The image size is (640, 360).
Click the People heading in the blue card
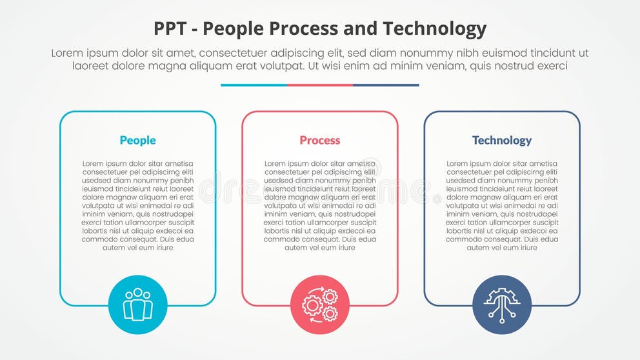pyautogui.click(x=137, y=140)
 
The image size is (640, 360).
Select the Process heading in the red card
pyautogui.click(x=319, y=140)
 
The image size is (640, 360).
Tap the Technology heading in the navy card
pyautogui.click(x=501, y=140)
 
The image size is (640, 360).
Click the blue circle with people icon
pyautogui.click(x=138, y=305)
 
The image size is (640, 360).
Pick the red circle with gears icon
pyautogui.click(x=320, y=305)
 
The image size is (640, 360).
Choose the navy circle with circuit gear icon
pyautogui.click(x=502, y=305)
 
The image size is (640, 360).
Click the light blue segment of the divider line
pyautogui.click(x=254, y=85)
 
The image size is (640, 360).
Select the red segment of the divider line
pyautogui.click(x=320, y=85)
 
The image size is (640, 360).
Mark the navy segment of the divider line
pyautogui.click(x=386, y=85)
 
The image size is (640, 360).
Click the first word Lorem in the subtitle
pyautogui.click(x=68, y=54)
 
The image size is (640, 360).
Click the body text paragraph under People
pyautogui.click(x=137, y=206)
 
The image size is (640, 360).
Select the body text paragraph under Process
pyautogui.click(x=319, y=206)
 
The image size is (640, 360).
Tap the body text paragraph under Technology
pyautogui.click(x=501, y=206)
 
